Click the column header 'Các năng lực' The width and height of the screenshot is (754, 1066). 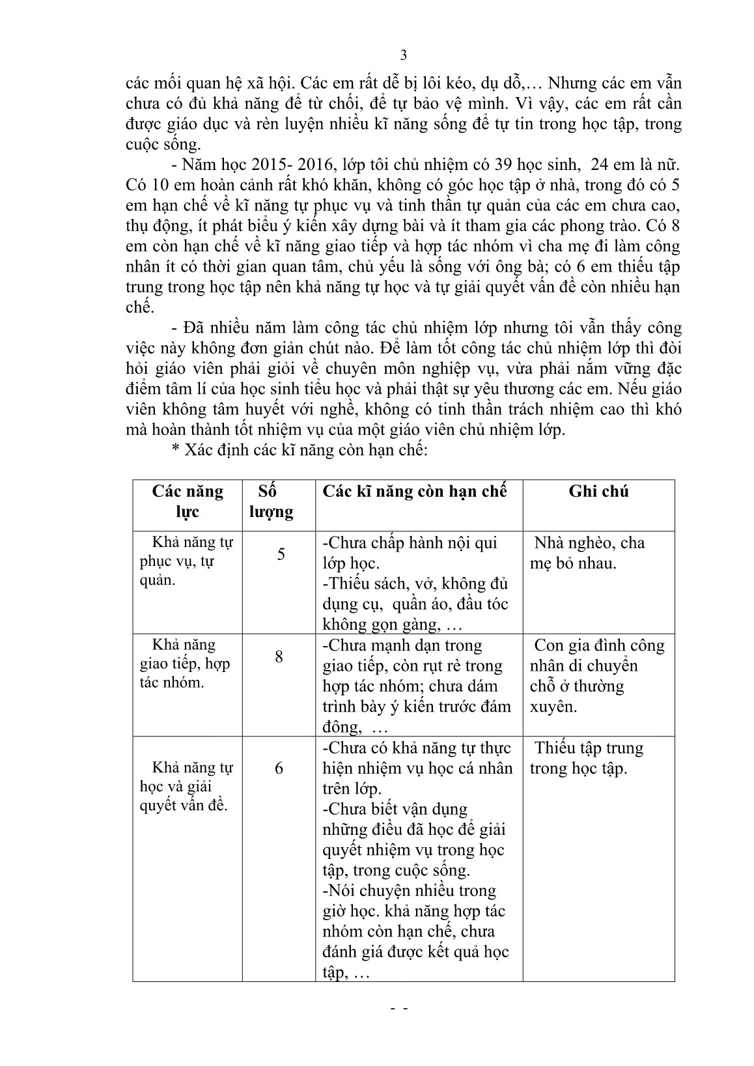click(x=188, y=501)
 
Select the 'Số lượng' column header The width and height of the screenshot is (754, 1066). click(x=272, y=501)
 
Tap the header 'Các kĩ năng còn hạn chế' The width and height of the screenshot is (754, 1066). click(x=414, y=491)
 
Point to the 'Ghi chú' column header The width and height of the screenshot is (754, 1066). click(x=598, y=491)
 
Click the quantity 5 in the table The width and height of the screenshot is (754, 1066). click(x=281, y=554)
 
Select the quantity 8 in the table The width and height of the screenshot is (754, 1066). click(x=279, y=656)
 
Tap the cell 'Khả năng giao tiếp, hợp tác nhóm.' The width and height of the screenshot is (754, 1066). click(x=185, y=664)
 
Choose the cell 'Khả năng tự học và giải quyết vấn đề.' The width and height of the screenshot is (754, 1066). click(x=186, y=786)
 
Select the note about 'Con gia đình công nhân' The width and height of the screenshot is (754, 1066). click(x=596, y=675)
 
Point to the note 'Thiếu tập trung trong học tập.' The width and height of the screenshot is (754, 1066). click(x=586, y=758)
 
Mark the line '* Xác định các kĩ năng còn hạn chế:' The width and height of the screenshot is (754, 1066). click(x=299, y=450)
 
